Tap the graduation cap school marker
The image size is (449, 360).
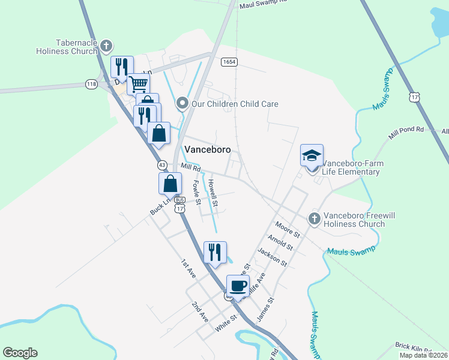312,156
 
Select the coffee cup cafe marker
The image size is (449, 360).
238,286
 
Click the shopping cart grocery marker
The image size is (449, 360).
138,83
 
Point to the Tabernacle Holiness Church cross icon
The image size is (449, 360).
106,46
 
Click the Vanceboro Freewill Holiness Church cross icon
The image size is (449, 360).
314,219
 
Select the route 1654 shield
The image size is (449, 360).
228,62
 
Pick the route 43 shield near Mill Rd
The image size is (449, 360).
162,164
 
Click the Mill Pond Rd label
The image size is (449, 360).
406,133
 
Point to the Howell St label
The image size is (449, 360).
212,193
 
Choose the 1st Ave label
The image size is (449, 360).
188,268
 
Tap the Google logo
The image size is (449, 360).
20,353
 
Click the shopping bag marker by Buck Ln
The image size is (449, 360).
170,183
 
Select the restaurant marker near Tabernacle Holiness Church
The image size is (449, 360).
121,67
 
